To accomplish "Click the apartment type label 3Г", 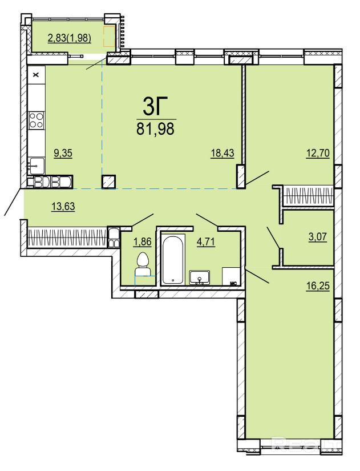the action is point(155,106).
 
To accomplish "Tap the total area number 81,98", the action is point(155,129).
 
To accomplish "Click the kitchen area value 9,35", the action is point(63,153).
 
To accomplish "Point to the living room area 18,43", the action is point(222,153).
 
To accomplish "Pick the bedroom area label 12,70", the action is point(318,153).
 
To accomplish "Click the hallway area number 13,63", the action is point(63,206).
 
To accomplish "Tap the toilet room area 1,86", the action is point(142,241).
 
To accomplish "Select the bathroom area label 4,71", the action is point(206,241).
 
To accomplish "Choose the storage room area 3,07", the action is point(318,237).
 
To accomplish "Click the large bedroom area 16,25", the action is point(318,285).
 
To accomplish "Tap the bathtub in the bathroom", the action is point(173,260).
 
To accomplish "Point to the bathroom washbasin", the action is point(199,277).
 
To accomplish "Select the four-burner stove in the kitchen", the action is point(37,120).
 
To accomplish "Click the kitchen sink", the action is point(37,166).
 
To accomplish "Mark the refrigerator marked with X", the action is point(37,75).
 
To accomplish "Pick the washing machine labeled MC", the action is point(231,276).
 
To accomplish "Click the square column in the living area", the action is point(109,182).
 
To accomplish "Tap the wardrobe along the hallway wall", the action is point(67,237).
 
